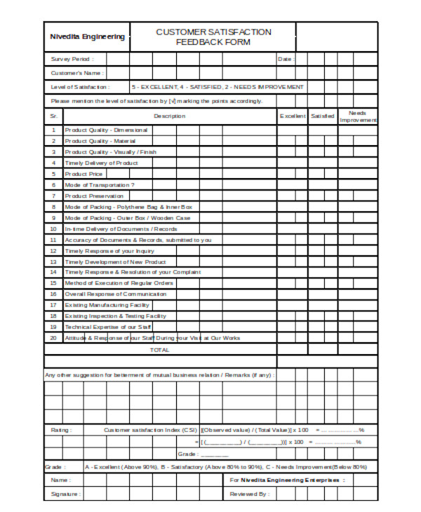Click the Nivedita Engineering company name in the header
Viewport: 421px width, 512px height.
point(87,37)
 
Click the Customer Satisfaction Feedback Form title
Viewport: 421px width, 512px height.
point(213,37)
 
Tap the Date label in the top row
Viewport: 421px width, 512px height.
point(285,60)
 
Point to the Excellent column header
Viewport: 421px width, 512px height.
point(293,116)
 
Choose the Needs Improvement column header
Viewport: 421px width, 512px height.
point(357,116)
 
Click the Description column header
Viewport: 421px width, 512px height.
point(169,116)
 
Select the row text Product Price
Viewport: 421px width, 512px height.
point(84,173)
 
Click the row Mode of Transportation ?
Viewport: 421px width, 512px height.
point(99,184)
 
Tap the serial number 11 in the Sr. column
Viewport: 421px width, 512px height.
point(53,239)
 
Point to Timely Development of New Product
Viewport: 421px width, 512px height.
point(114,262)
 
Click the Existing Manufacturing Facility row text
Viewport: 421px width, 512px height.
point(107,305)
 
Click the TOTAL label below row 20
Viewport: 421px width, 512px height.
point(160,349)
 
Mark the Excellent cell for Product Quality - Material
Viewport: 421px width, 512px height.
point(293,141)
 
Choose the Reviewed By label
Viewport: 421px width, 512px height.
point(248,494)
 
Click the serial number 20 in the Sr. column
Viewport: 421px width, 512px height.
point(53,338)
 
